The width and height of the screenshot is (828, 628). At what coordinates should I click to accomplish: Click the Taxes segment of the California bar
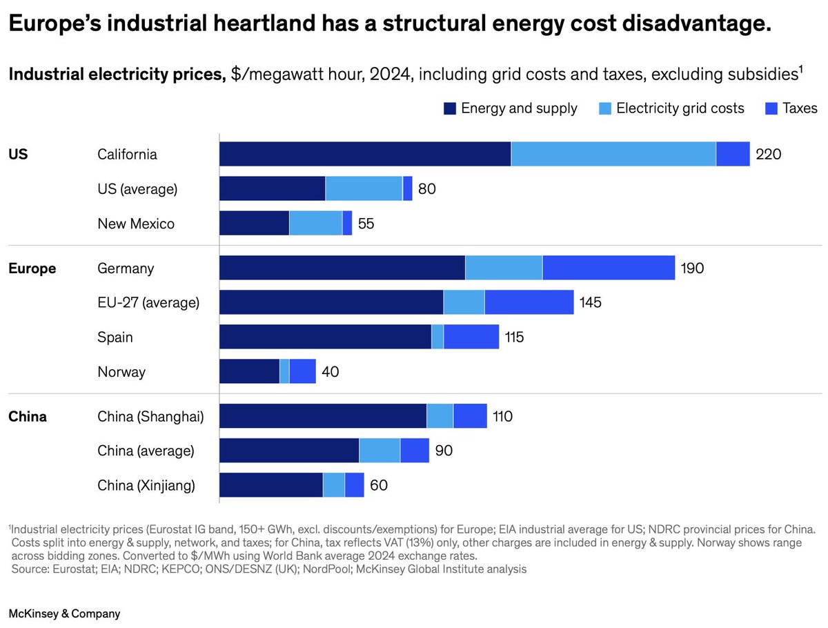[x=733, y=154]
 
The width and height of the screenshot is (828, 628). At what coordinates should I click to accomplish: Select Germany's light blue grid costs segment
[x=504, y=268]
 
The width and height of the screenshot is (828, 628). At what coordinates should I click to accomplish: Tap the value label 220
[x=768, y=154]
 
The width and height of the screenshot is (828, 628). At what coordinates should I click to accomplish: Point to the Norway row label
[x=121, y=372]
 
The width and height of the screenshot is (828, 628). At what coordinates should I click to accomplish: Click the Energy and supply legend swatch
[x=450, y=108]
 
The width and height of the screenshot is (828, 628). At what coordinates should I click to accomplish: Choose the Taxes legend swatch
[x=771, y=108]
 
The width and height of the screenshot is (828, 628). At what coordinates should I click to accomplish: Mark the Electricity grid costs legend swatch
[x=604, y=108]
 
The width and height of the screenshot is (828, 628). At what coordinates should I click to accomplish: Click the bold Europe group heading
[x=32, y=268]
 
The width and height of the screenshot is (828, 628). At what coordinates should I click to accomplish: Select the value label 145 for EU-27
[x=590, y=302]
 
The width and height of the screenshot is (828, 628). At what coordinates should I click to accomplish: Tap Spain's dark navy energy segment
[x=325, y=337]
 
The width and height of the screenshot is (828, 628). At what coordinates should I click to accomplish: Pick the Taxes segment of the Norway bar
[x=302, y=371]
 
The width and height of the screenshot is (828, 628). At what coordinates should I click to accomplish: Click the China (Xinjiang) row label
[x=146, y=485]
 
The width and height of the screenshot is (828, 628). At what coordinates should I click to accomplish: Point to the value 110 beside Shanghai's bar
[x=502, y=416]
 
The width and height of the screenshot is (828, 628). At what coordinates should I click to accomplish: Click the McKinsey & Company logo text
[x=64, y=614]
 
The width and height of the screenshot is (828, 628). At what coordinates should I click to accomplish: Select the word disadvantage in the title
[x=696, y=23]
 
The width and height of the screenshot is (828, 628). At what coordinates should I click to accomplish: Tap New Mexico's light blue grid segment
[x=316, y=223]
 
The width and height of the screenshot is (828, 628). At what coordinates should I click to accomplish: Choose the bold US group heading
[x=18, y=155]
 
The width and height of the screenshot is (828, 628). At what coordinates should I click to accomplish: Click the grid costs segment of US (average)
[x=364, y=188]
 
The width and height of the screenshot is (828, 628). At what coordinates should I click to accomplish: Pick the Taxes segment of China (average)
[x=415, y=451]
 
